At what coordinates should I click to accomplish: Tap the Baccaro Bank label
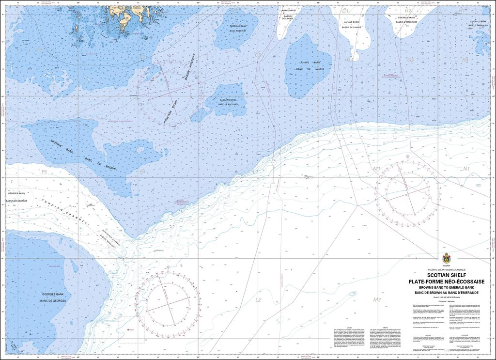pos(227,99)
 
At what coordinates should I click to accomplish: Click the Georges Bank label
pos(53,294)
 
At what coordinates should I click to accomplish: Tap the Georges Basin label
pos(16,193)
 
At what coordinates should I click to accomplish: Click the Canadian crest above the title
pos(446,257)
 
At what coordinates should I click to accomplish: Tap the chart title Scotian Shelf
pos(443,275)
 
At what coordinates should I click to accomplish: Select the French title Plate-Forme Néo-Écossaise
pos(443,282)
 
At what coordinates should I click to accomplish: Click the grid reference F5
pos(44,172)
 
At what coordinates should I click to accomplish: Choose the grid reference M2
pos(377,300)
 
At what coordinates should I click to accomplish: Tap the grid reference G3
pos(410,61)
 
